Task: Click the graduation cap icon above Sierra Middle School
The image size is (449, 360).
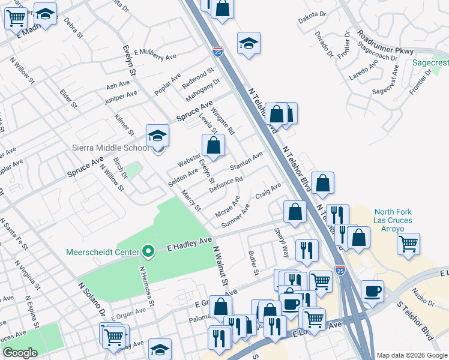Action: click(157, 136)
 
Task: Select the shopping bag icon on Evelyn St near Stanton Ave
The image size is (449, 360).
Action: click(213, 145)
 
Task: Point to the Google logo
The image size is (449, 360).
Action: click(20, 353)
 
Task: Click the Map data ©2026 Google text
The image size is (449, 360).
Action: click(411, 355)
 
